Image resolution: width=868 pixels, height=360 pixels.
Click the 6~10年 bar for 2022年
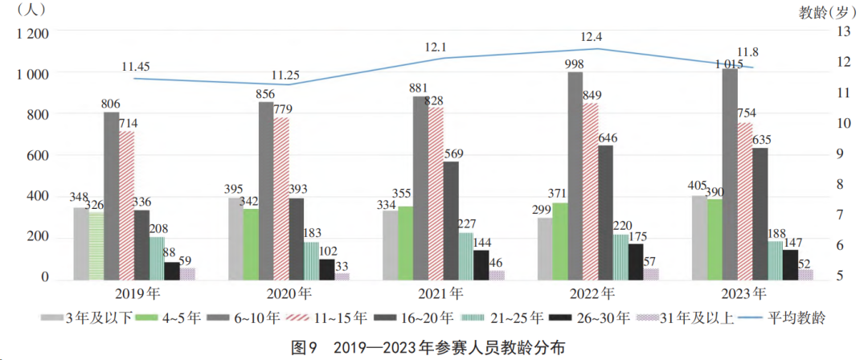click(x=575, y=176)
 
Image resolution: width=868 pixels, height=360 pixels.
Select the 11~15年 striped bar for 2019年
click(x=126, y=206)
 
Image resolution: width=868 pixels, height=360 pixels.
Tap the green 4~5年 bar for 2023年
click(x=714, y=239)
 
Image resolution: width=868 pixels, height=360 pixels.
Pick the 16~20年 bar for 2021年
click(x=451, y=221)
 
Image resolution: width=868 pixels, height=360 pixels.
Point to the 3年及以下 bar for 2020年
click(x=235, y=239)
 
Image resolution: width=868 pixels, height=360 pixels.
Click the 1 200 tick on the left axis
click(x=33, y=33)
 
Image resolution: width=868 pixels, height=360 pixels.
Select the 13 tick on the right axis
click(x=844, y=32)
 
